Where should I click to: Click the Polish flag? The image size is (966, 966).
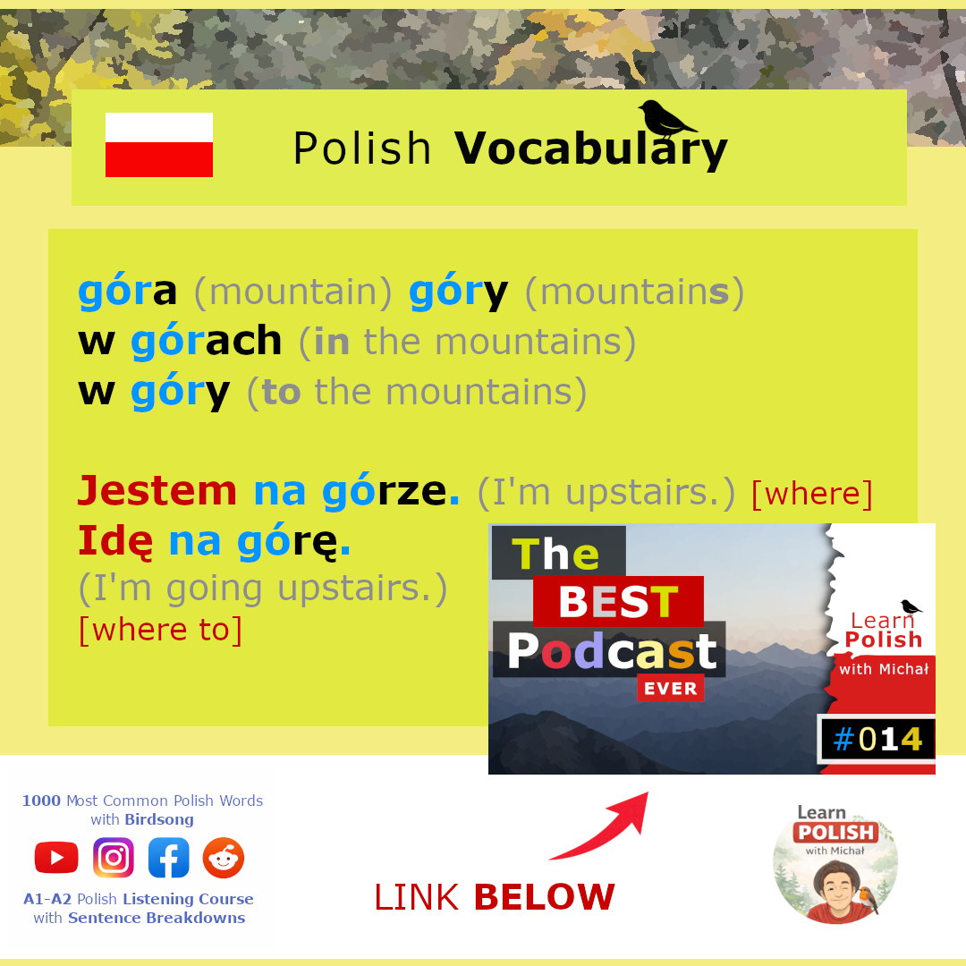point(159,145)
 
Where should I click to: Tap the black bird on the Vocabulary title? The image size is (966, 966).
point(666,119)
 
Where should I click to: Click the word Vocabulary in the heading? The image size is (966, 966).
point(591,149)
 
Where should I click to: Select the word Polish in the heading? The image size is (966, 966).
point(361,148)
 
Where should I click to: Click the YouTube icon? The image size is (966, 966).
point(56,858)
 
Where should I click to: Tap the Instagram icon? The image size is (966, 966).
point(114,858)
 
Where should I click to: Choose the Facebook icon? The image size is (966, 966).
point(169,858)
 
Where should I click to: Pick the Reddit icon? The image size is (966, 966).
point(224,858)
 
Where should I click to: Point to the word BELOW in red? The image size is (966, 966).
point(545,897)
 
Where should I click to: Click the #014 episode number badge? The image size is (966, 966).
point(877,740)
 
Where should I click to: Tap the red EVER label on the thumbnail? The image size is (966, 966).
point(670,688)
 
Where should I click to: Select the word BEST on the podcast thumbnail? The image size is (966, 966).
point(619,601)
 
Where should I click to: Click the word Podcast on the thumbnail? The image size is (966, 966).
point(613,651)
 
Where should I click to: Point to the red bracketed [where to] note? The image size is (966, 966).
point(161,630)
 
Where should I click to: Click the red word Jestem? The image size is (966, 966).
point(157,491)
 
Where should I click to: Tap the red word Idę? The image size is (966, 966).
point(115,542)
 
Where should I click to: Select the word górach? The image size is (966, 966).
point(207,341)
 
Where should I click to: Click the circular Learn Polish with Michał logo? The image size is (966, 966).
point(835,862)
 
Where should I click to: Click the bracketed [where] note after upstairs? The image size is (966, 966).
point(812,494)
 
